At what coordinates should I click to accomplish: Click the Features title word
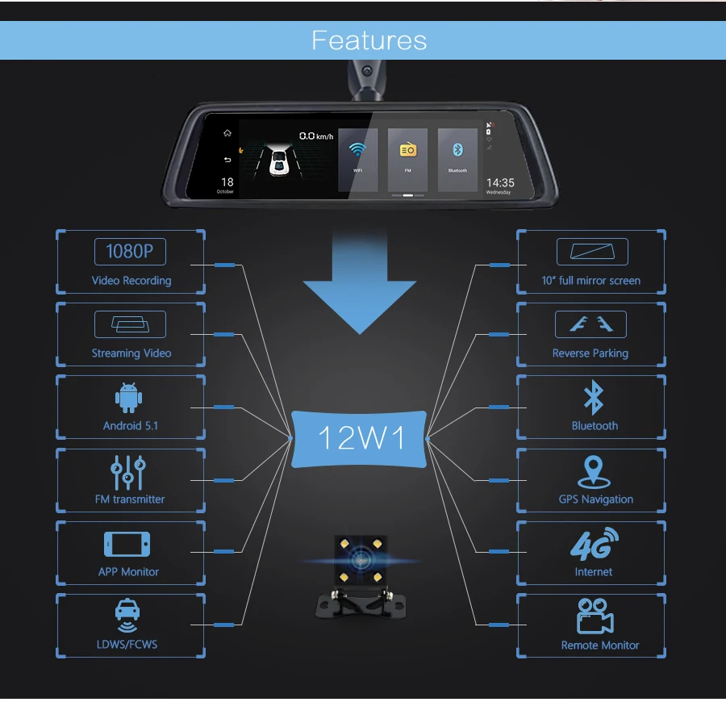coord(369,40)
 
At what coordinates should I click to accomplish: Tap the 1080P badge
coord(130,251)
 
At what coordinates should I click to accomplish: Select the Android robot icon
coord(129,399)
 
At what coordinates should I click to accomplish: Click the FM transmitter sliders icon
coord(129,472)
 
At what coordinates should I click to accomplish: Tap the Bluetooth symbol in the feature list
coord(594,399)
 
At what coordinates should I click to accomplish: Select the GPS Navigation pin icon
coord(595,470)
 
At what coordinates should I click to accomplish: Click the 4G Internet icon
coord(594,544)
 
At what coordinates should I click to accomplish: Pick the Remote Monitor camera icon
coord(595,617)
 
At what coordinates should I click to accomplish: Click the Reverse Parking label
coord(590,353)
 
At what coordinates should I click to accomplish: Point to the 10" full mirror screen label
coord(590,281)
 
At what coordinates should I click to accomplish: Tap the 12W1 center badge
coord(361,438)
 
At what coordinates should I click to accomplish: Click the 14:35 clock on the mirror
coord(500,183)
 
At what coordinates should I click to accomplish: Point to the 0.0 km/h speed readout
coord(315,136)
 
